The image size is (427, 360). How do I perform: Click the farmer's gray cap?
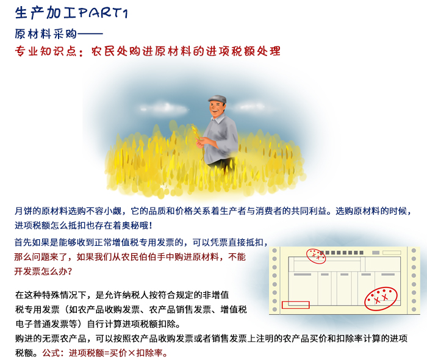[x=217, y=99]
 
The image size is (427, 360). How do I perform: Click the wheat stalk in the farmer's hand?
[x=196, y=132]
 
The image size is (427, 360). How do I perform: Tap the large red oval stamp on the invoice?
[x=381, y=297]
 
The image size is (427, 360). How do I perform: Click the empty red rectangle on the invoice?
[x=296, y=304]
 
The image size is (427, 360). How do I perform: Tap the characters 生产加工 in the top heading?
[x=37, y=12]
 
